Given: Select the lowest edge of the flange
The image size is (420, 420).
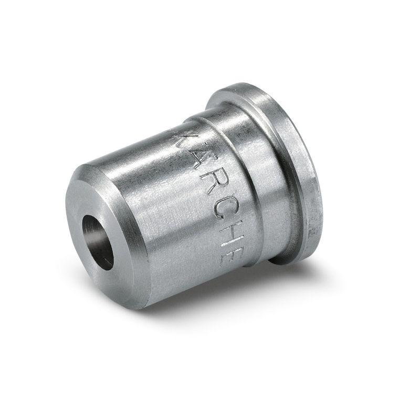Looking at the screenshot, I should [289, 262].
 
